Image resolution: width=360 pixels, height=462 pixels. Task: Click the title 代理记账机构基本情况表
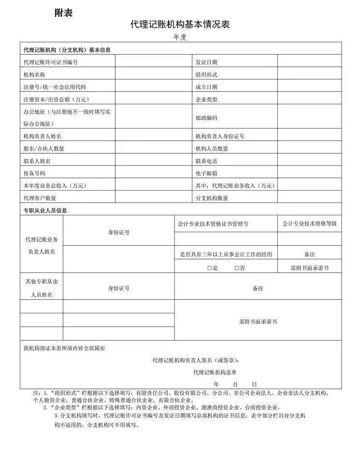[179, 24]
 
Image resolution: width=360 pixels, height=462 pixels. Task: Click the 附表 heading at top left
[63, 13]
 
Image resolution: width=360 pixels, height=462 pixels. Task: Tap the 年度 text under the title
[180, 37]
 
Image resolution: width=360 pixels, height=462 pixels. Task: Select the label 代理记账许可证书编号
[50, 62]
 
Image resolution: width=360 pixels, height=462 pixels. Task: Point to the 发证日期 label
[206, 62]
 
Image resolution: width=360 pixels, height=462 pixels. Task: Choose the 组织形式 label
[206, 74]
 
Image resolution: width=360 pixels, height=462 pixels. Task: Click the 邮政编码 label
[206, 118]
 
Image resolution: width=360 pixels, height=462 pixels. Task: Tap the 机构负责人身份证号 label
[220, 136]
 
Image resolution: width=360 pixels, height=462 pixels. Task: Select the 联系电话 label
[206, 161]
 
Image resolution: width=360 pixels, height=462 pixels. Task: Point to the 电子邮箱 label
[206, 173]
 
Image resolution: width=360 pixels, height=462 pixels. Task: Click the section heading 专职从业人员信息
[45, 210]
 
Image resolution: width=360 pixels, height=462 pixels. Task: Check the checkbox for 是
[210, 267]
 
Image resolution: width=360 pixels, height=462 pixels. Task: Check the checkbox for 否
[237, 267]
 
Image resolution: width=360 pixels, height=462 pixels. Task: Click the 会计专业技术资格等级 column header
[309, 224]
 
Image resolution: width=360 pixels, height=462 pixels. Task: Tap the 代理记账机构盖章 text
[215, 372]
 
